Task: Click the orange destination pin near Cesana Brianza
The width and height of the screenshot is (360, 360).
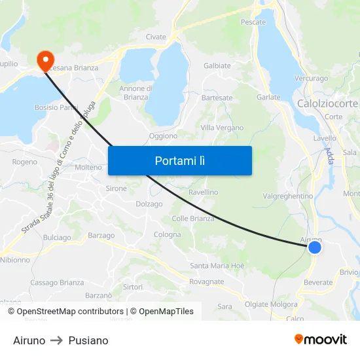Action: point(46,60)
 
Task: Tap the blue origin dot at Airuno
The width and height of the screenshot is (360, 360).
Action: point(315,247)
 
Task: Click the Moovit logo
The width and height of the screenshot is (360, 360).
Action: point(320,339)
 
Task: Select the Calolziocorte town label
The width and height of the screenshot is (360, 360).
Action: point(327,104)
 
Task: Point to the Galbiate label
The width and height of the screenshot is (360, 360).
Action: point(217,66)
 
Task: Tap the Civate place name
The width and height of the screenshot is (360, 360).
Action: point(156,37)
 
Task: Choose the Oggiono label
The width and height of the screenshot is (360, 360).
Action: point(163,136)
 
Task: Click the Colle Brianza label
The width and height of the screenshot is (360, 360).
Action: point(193,219)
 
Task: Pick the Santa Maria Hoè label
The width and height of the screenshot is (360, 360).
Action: point(217,266)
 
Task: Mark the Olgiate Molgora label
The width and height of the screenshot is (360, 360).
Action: point(270,304)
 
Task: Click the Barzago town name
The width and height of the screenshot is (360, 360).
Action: point(101,236)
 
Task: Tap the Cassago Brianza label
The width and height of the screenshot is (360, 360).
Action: point(57,283)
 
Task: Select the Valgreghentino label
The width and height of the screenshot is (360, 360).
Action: point(288,196)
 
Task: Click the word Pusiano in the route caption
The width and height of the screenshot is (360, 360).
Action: point(88,340)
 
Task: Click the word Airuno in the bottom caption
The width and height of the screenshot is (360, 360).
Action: point(29,340)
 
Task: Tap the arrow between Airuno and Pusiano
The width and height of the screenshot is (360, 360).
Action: point(57,340)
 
